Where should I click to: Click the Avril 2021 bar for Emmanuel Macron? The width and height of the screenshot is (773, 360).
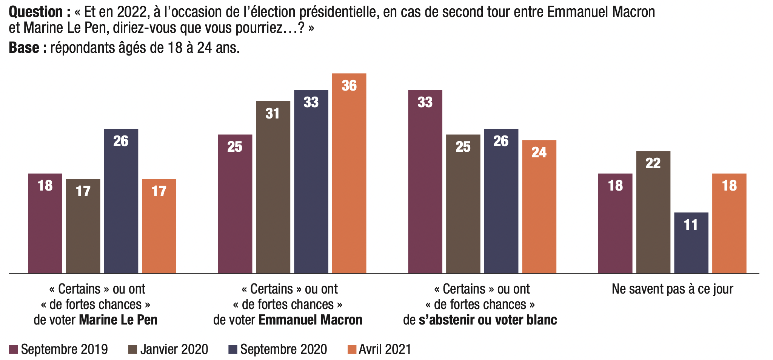[x=349, y=173]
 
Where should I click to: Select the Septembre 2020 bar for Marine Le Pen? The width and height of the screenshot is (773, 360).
[x=121, y=201]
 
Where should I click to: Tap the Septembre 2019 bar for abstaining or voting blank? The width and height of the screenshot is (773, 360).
[x=425, y=182]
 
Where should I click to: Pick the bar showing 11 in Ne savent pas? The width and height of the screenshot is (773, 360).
[x=691, y=243]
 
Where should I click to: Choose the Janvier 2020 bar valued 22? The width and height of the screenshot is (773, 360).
[x=653, y=212]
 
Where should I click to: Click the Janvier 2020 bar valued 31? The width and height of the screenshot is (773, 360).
[x=273, y=187]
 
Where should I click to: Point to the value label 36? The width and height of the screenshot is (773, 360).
[x=349, y=86]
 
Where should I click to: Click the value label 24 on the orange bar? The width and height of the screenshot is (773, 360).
[x=539, y=152]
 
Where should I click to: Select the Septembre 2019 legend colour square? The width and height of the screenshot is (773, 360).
[x=14, y=349]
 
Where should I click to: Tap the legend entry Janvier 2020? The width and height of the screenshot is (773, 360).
[x=168, y=349]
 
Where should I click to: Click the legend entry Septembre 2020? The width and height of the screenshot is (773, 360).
[x=278, y=349]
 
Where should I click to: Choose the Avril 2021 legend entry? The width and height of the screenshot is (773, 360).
[x=379, y=349]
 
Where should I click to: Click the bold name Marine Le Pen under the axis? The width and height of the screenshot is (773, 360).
[x=118, y=320]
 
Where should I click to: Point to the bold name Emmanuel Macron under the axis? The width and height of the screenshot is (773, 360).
[x=310, y=320]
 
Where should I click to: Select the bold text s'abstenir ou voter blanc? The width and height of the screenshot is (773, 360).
[x=488, y=320]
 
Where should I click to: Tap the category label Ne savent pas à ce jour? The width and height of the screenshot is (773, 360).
[x=673, y=289]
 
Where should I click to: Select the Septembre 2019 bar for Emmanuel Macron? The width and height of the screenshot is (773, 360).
[x=235, y=204]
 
